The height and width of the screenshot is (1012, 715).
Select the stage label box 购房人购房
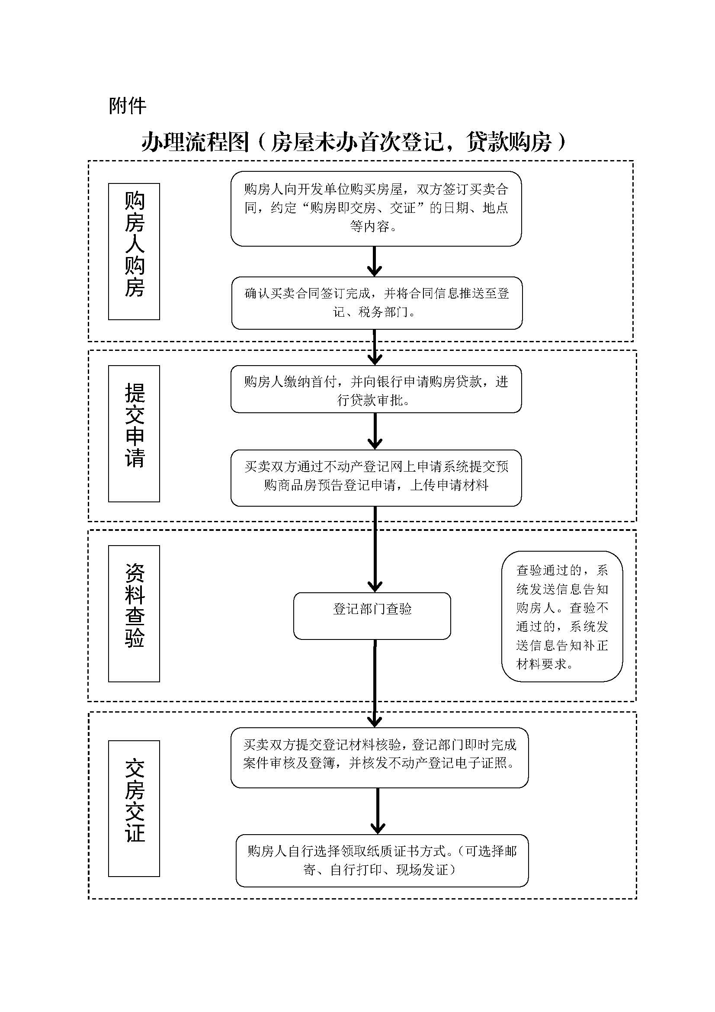pyautogui.click(x=134, y=251)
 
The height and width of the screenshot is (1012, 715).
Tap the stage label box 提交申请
pyautogui.click(x=134, y=433)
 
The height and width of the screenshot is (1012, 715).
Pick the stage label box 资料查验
pyautogui.click(x=134, y=613)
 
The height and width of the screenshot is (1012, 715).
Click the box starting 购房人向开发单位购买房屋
pyautogui.click(x=376, y=208)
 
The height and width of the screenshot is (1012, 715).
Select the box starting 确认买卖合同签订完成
pyautogui.click(x=377, y=302)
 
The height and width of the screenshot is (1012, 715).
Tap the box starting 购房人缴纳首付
pyautogui.click(x=376, y=389)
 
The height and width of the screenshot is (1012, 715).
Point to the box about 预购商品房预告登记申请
pyautogui.click(x=376, y=477)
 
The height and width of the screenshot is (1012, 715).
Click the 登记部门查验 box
pyautogui.click(x=372, y=615)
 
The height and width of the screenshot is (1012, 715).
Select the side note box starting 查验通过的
pyautogui.click(x=562, y=616)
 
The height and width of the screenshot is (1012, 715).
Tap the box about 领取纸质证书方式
pyautogui.click(x=382, y=861)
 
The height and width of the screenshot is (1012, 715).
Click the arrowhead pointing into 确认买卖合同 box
pyautogui.click(x=374, y=270)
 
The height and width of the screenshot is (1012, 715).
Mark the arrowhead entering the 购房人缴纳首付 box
pyautogui.click(x=375, y=358)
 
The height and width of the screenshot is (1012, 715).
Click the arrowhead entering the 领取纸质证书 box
pyautogui.click(x=378, y=827)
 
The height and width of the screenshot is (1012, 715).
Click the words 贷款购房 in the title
pyautogui.click(x=509, y=142)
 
